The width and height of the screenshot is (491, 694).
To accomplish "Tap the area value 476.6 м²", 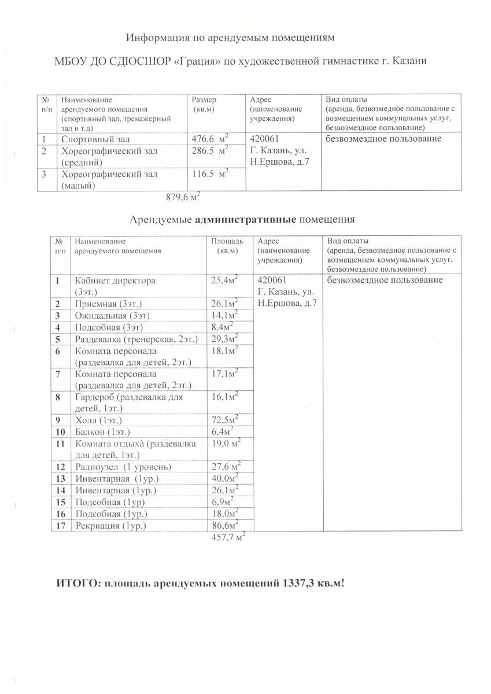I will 209,139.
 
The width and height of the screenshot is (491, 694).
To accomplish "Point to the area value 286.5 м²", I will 209,152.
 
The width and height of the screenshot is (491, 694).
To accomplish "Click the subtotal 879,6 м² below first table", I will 183,197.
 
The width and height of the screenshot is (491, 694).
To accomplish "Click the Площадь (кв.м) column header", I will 226,246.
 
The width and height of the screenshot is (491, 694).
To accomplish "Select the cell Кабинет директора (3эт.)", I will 115,285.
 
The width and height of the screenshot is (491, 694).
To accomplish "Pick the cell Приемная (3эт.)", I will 109,304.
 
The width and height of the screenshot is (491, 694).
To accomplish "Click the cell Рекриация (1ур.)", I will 110,526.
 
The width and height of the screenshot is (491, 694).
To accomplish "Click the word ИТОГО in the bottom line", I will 75,583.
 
